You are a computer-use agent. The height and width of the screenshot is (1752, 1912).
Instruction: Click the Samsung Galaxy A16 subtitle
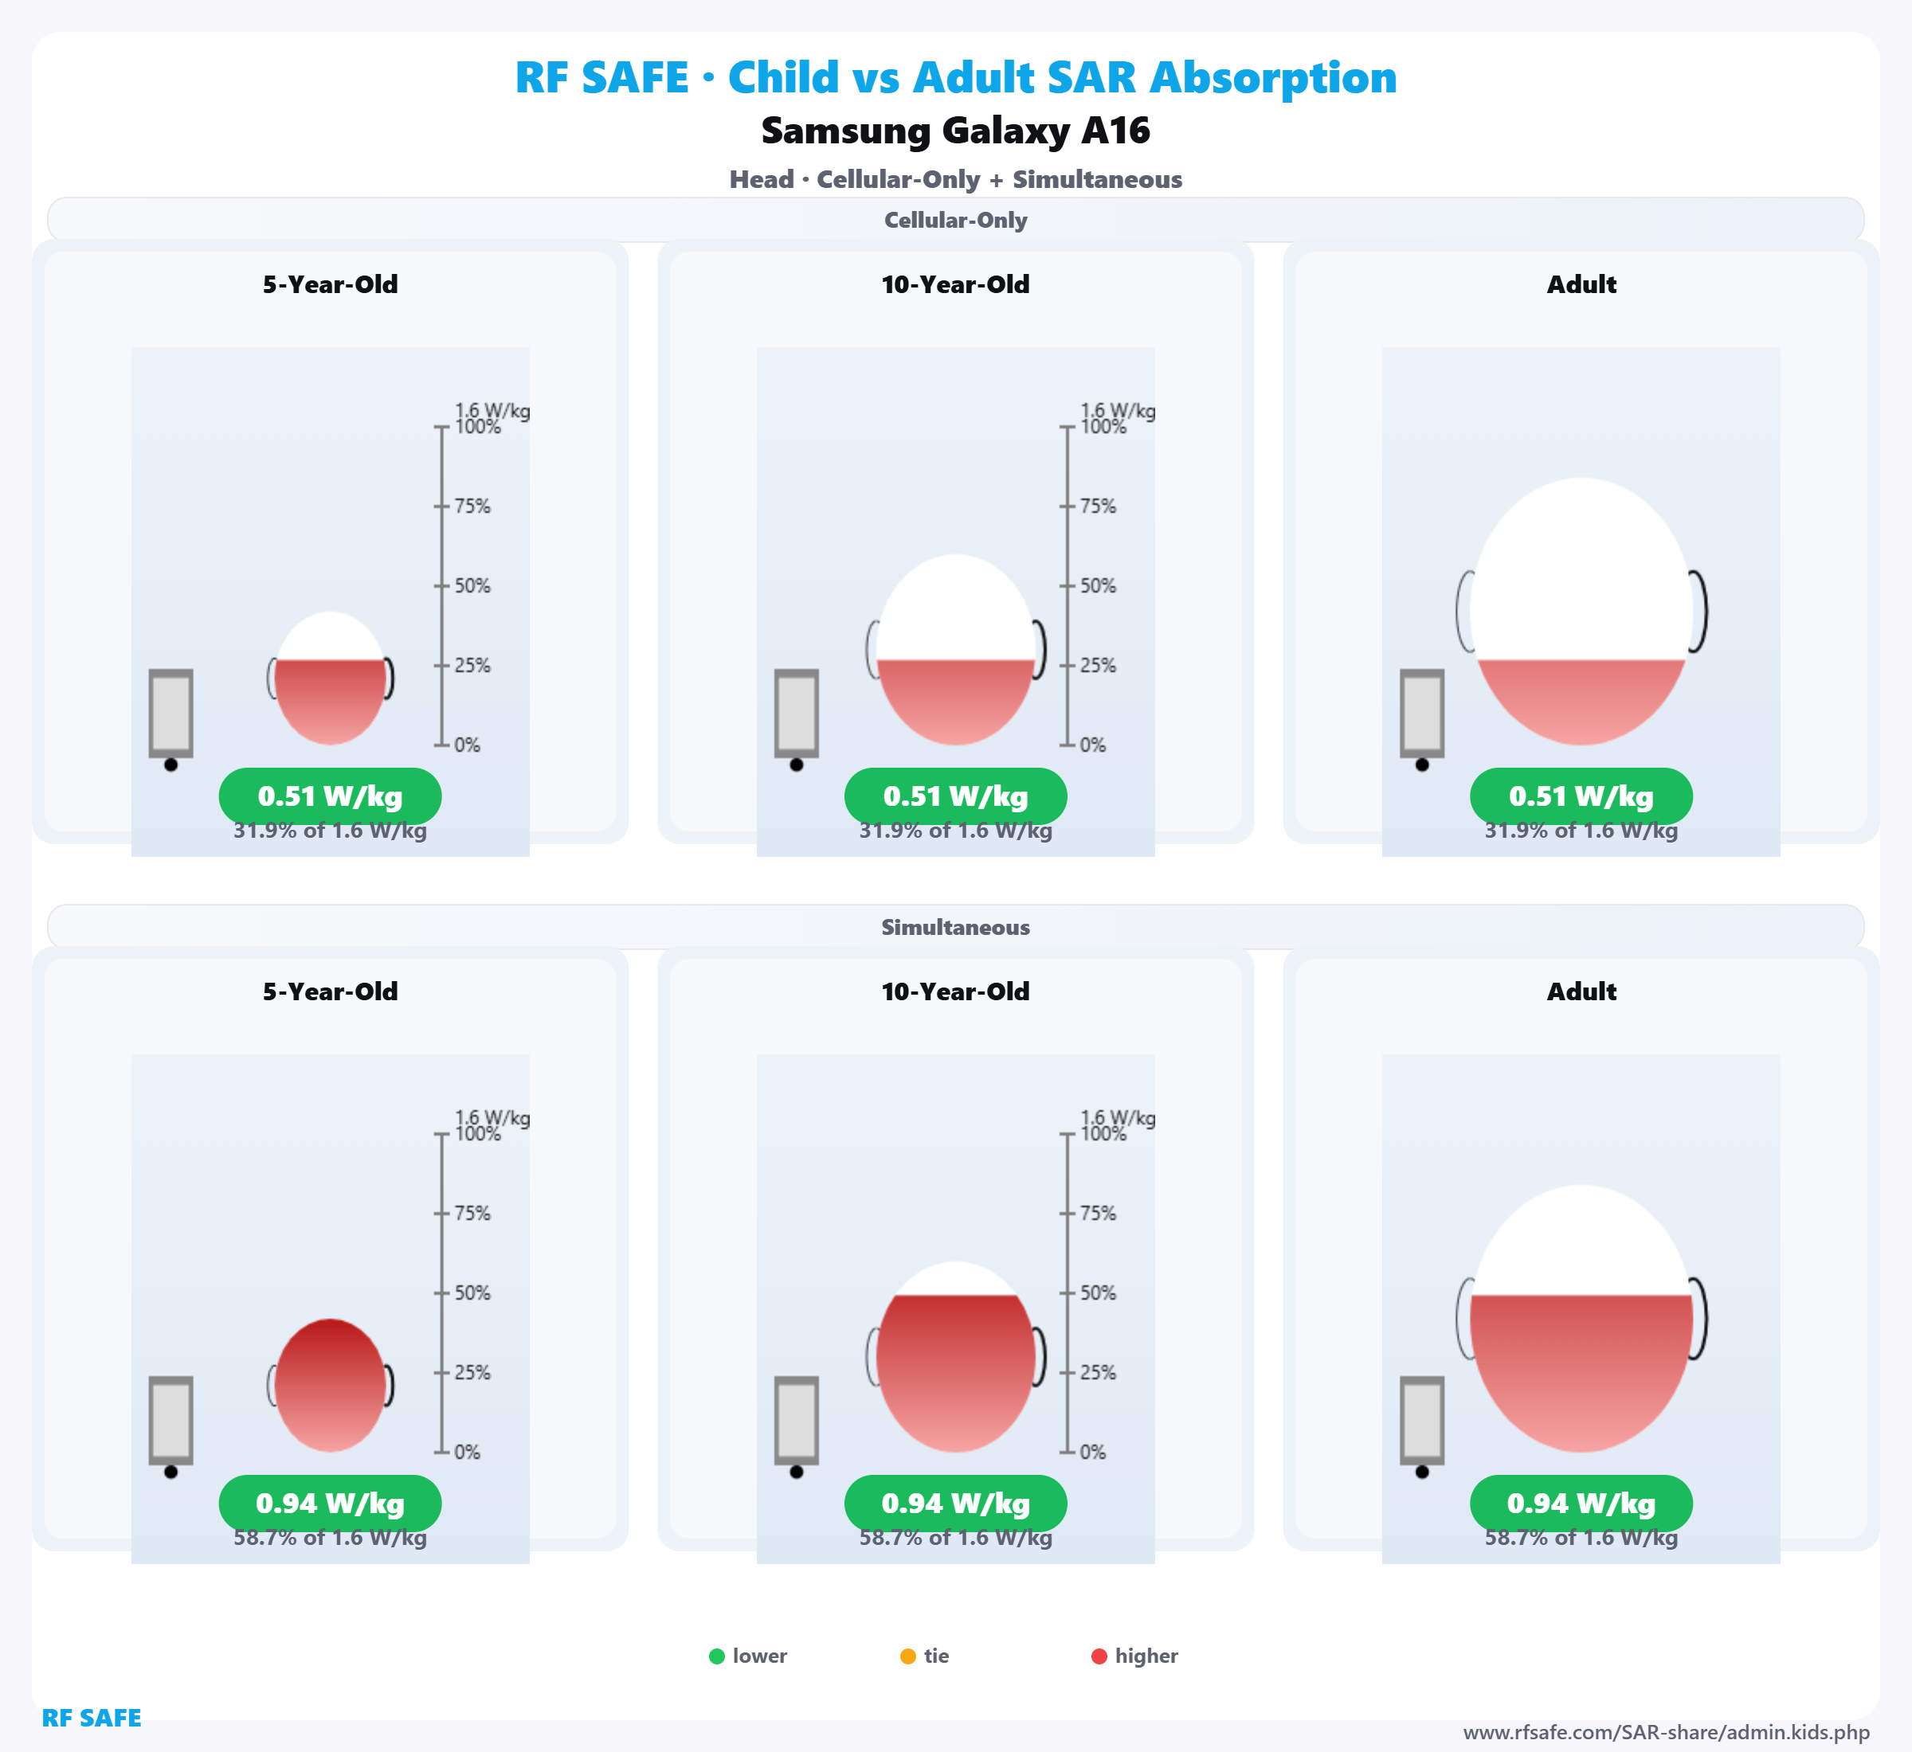coord(955,131)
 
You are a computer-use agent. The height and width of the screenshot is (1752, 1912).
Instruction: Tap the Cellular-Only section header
coord(955,220)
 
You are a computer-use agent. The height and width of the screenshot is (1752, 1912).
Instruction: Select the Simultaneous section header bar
coord(955,927)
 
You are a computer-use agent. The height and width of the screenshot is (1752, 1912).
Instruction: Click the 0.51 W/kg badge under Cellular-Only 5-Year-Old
coord(330,796)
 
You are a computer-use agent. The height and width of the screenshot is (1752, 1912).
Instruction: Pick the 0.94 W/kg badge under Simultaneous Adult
coord(1581,1504)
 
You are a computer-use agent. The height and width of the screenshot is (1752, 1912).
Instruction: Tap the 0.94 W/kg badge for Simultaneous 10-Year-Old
coord(955,1504)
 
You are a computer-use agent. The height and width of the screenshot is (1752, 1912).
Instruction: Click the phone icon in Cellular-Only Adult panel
coord(1422,713)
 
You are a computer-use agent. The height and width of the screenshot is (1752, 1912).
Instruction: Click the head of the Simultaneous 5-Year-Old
coord(330,1384)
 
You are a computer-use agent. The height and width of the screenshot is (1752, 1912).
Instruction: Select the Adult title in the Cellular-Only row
coord(1581,284)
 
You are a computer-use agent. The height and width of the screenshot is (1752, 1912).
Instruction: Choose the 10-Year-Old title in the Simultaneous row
coord(955,991)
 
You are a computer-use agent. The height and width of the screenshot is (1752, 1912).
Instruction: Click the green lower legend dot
coord(717,1656)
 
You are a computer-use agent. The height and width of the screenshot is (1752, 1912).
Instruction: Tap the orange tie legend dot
coord(907,1656)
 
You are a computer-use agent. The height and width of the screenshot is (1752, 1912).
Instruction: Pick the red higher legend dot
coord(1099,1656)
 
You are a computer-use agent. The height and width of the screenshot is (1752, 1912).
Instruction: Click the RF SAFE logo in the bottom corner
coord(91,1718)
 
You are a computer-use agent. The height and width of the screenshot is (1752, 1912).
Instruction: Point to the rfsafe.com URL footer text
coord(1667,1732)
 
